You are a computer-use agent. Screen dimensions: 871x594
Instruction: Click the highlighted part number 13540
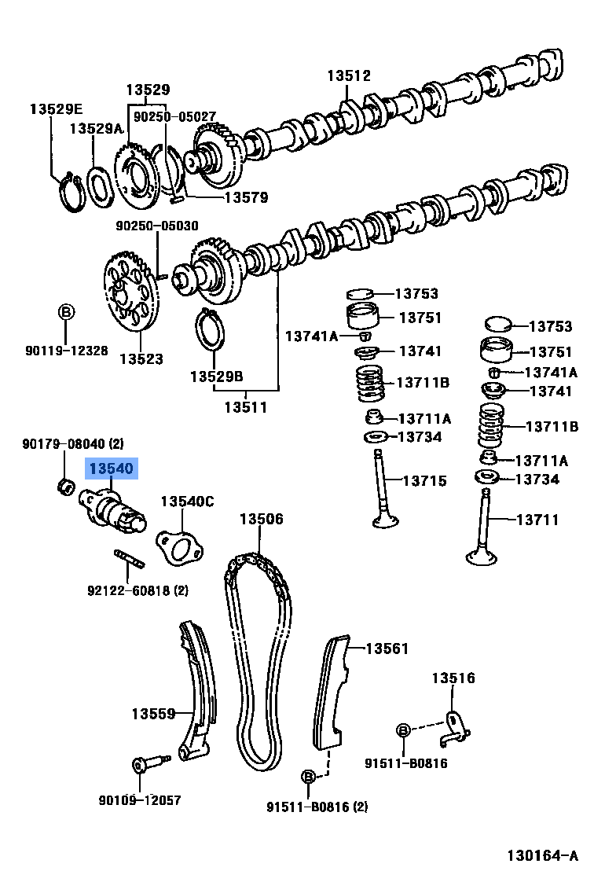(x=112, y=469)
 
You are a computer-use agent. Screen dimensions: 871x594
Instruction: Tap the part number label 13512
(x=349, y=75)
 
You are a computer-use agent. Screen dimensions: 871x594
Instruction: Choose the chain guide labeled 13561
(x=329, y=692)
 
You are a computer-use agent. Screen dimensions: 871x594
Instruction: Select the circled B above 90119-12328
(x=67, y=312)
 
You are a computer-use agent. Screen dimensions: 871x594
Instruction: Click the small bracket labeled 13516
(x=453, y=726)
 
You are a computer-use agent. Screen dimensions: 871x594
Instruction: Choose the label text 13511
(x=246, y=407)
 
